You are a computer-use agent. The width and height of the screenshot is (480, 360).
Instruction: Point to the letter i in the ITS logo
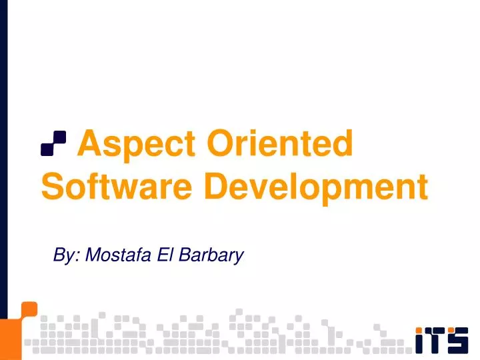[x=418, y=345]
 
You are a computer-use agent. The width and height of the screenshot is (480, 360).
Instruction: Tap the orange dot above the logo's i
[x=418, y=330]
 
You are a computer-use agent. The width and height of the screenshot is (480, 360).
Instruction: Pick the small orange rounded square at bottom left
[x=29, y=308]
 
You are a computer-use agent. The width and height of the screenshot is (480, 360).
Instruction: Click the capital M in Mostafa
[x=93, y=254]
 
